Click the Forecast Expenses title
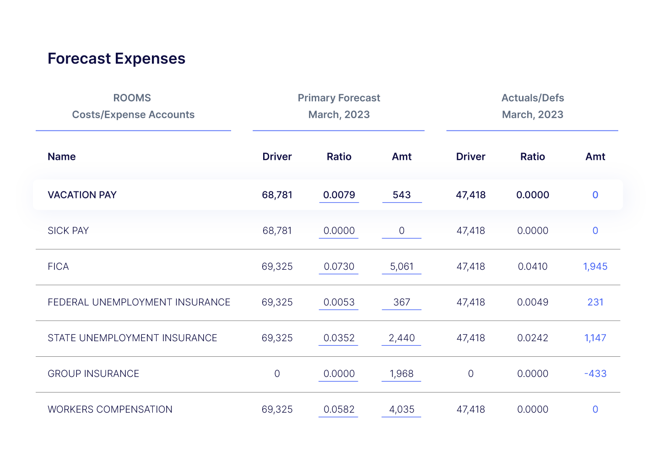click(x=116, y=59)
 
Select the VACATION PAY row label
click(x=82, y=195)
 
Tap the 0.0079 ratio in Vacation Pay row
click(x=339, y=195)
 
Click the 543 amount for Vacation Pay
click(x=401, y=195)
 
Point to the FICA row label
click(x=58, y=267)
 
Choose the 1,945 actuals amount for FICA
click(x=595, y=267)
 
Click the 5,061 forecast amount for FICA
click(x=401, y=267)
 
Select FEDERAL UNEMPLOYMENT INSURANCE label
click(x=139, y=302)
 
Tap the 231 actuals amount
click(x=595, y=302)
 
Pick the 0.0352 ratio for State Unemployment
click(x=339, y=338)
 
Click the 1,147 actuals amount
click(x=595, y=338)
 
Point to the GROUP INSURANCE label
click(x=93, y=374)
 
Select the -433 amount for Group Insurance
click(x=595, y=374)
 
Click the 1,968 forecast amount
click(x=401, y=374)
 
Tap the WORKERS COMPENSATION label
click(x=110, y=409)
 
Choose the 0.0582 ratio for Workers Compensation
click(x=339, y=409)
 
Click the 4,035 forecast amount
click(x=401, y=409)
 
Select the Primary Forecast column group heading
click(x=339, y=98)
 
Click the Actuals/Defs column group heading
click(x=532, y=98)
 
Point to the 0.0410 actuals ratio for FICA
click(x=532, y=267)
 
